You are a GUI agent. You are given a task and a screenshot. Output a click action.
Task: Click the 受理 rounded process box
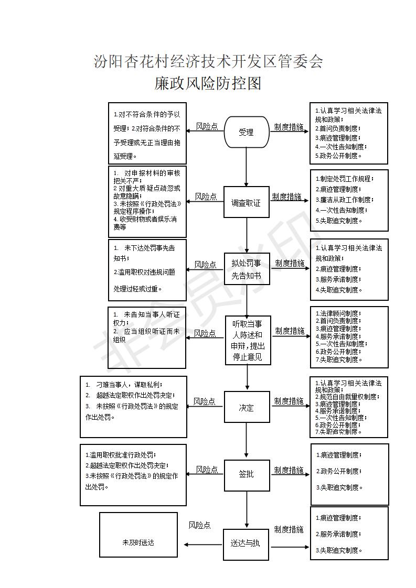click(247, 132)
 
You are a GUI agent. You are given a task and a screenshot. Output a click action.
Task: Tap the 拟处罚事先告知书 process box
click(247, 269)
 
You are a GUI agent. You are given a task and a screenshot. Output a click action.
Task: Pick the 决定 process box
click(247, 407)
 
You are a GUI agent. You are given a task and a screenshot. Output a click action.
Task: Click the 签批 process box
click(247, 474)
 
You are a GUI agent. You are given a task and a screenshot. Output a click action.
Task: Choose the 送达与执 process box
click(246, 543)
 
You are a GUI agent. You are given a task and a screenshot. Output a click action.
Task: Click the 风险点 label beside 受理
click(207, 126)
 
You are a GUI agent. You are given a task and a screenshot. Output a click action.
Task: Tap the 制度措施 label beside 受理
click(289, 127)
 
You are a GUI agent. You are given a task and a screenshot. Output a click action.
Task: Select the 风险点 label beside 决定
click(204, 401)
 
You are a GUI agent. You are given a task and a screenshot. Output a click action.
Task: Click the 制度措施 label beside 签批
click(289, 471)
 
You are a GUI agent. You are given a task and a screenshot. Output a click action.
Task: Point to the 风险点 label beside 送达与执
click(200, 525)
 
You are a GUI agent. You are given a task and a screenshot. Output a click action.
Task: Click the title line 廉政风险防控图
click(208, 84)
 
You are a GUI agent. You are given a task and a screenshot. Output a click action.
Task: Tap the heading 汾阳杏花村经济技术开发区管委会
click(208, 62)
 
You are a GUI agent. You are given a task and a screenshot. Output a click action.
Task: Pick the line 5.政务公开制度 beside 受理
click(338, 156)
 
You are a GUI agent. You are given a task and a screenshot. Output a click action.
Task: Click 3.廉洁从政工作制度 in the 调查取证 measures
click(344, 200)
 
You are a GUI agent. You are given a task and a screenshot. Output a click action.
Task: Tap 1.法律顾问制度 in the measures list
click(338, 313)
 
